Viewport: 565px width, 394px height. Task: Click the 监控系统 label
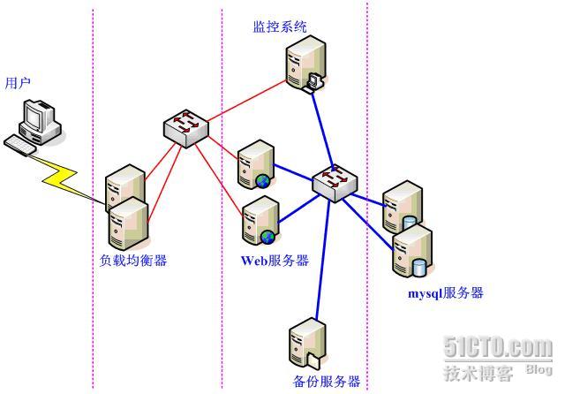pyautogui.click(x=280, y=27)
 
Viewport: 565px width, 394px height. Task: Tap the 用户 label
pyautogui.click(x=18, y=83)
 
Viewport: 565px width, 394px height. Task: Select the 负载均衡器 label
pyautogui.click(x=133, y=261)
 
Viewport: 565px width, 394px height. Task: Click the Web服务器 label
pyautogui.click(x=275, y=261)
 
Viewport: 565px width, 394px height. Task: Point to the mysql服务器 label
pyautogui.click(x=445, y=292)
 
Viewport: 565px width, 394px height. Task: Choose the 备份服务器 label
pyautogui.click(x=327, y=381)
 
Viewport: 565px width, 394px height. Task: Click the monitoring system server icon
pyautogui.click(x=306, y=64)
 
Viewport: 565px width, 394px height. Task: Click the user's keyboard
pyautogui.click(x=19, y=145)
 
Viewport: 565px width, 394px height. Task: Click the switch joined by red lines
pyautogui.click(x=186, y=128)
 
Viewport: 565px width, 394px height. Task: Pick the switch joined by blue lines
pyautogui.click(x=335, y=183)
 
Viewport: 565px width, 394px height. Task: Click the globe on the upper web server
pyautogui.click(x=263, y=181)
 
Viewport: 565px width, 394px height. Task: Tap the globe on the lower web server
pyautogui.click(x=267, y=237)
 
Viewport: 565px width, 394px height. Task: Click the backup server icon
pyautogui.click(x=308, y=345)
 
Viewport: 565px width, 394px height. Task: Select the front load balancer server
pyautogui.click(x=129, y=224)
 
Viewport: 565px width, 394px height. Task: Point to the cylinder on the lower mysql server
pyautogui.click(x=418, y=268)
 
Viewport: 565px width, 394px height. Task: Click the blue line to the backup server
pyautogui.click(x=323, y=261)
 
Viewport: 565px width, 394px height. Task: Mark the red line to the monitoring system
pyautogui.click(x=247, y=101)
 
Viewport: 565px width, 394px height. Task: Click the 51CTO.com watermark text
pyautogui.click(x=498, y=347)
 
